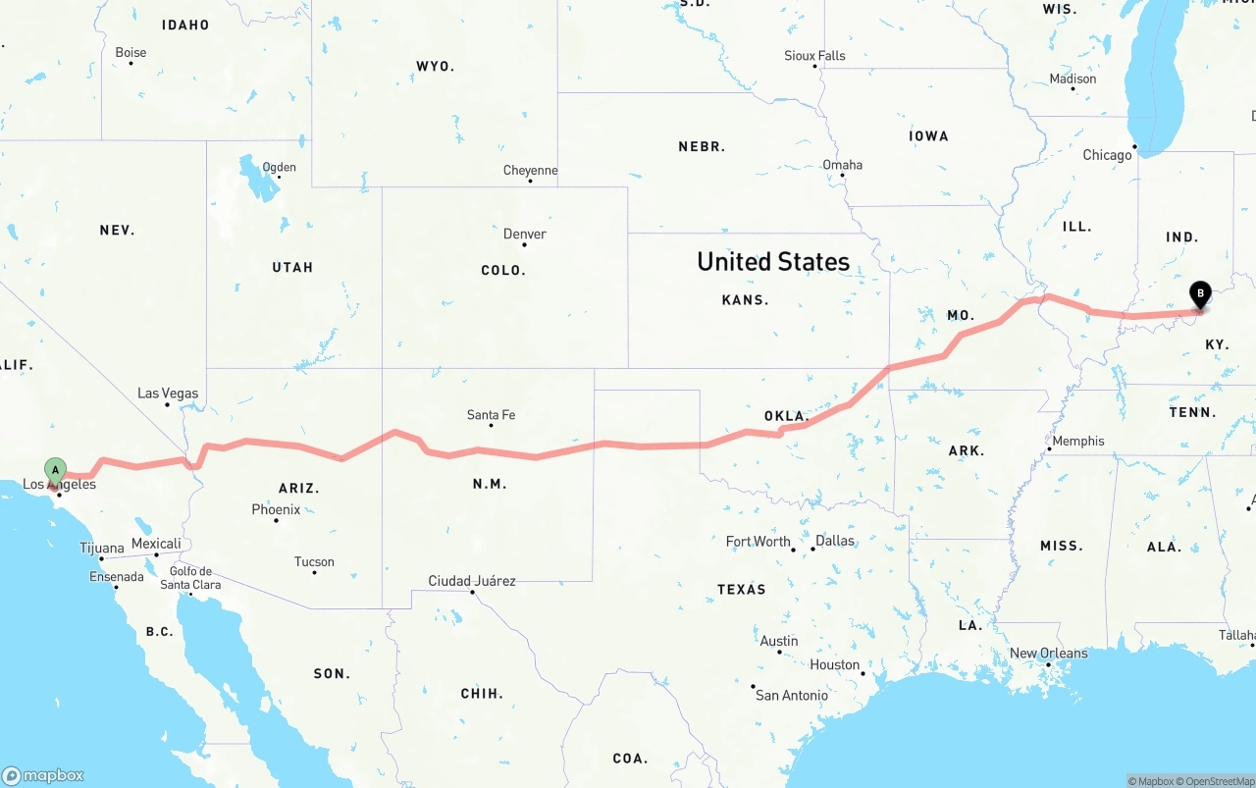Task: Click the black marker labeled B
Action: point(1199,293)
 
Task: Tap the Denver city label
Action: point(524,234)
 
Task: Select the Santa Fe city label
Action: point(491,415)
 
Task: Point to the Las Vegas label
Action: point(168,394)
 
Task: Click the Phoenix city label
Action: point(276,509)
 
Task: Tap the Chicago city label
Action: point(1107,155)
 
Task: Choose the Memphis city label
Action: point(1077,441)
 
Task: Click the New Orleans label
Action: point(1048,654)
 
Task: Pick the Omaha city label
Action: point(842,165)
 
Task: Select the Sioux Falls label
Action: point(814,56)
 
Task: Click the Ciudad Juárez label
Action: point(472,581)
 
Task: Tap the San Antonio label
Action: point(791,695)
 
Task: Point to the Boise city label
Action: point(131,53)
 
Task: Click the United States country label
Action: point(773,261)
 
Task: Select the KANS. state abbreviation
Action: point(745,299)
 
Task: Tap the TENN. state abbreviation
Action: point(1192,412)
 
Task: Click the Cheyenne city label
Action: point(530,171)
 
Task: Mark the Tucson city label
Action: point(314,562)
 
